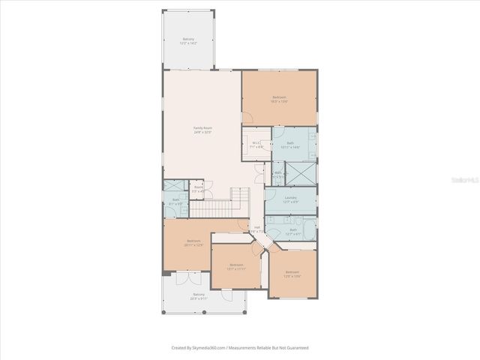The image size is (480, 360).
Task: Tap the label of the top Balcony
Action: click(188, 41)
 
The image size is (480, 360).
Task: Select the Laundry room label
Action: click(292, 199)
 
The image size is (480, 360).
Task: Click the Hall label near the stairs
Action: click(256, 229)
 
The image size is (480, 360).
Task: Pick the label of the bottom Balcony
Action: click(199, 296)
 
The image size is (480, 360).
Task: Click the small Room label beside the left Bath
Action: click(198, 190)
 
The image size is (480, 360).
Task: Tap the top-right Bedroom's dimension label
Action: click(279, 101)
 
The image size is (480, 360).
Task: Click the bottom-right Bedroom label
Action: click(292, 274)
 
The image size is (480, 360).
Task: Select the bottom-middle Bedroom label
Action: click(236, 266)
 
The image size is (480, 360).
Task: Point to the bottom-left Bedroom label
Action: click(193, 242)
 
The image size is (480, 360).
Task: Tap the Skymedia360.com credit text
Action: click(240, 347)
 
